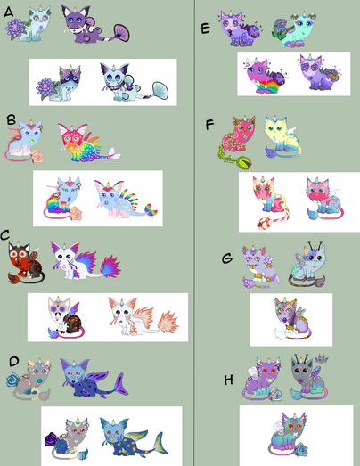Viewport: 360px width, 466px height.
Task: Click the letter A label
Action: coord(9,12)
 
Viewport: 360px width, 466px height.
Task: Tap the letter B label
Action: coord(12,119)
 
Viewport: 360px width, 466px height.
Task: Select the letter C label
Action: coord(5,235)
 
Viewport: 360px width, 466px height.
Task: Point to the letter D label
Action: coord(14,362)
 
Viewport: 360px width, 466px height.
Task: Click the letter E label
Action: coord(206,29)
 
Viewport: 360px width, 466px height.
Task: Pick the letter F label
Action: coord(209,125)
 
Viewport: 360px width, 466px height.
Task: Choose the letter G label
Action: coord(227,258)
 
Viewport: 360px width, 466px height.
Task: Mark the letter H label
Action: coord(229,380)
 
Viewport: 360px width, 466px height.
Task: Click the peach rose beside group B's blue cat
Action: coord(37,156)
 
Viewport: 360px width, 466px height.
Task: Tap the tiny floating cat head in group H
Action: coord(321,358)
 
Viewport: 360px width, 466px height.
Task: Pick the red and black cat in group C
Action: coord(26,262)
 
